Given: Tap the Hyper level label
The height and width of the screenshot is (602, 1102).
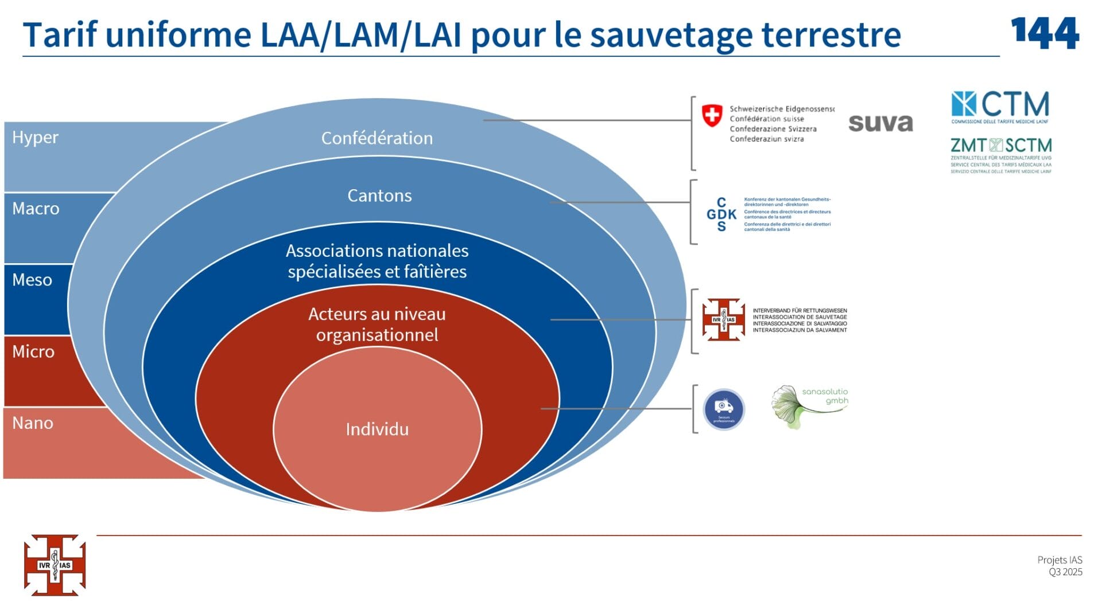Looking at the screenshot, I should [35, 138].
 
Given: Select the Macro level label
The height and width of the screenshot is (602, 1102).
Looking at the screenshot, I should [36, 209].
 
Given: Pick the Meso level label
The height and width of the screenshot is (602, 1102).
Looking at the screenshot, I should [32, 280].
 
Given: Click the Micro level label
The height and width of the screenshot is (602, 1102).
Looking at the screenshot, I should [33, 351].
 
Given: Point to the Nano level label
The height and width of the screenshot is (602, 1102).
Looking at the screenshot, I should [33, 423].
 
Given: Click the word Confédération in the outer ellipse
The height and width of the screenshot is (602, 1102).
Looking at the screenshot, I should [377, 138].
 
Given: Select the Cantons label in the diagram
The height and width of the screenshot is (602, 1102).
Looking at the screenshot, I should [379, 196].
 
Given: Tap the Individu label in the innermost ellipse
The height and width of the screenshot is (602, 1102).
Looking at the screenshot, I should [377, 429].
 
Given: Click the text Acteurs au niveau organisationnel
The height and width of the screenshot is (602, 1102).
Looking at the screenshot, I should [377, 325].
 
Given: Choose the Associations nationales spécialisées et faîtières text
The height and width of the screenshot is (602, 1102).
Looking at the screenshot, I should [377, 261].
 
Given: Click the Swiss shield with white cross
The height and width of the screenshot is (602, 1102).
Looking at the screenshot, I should [712, 115].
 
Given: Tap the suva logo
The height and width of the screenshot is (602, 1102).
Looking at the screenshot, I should [880, 123].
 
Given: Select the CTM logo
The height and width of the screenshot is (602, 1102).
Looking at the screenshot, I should [1000, 107].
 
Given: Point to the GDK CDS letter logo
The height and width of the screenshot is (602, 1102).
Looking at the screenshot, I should [721, 214].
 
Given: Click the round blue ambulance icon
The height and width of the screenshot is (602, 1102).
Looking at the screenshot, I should [724, 409].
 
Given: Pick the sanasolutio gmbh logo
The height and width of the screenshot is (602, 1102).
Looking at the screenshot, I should [809, 406].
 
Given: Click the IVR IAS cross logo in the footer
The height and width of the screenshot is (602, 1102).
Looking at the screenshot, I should [55, 565].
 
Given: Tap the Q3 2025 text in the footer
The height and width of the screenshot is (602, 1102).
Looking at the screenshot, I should [1065, 572].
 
